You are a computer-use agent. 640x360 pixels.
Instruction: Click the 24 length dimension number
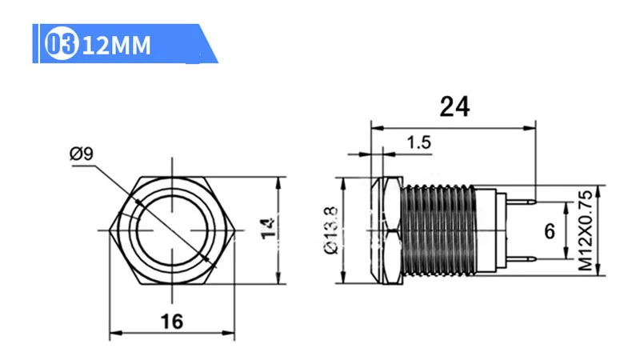pos(454,106)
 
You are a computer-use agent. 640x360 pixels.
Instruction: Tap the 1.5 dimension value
pos(418,143)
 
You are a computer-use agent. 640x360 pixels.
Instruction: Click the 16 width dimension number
pos(171,322)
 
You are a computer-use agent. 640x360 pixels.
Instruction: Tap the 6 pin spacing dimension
pos(550,231)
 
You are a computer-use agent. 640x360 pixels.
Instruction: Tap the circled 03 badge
pos(63,45)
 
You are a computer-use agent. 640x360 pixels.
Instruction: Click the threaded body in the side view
pos(436,230)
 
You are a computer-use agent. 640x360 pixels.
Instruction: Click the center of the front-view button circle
pos(171,230)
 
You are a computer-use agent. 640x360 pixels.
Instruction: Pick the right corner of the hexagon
pos(232,230)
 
